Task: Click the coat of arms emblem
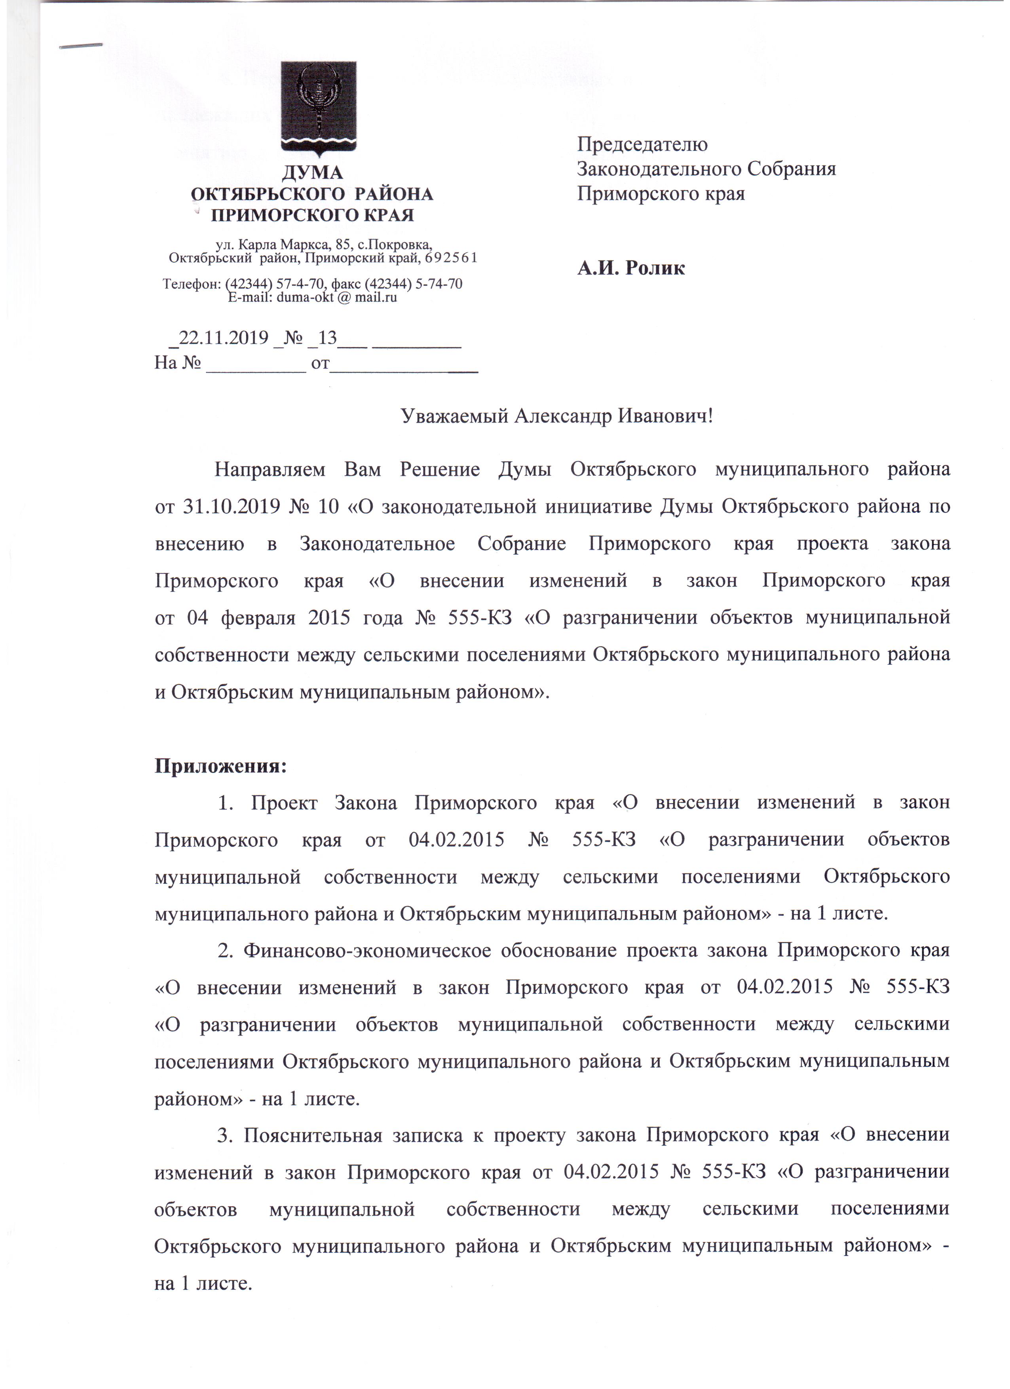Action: (x=319, y=107)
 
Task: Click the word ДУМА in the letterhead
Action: (x=312, y=173)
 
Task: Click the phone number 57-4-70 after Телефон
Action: (x=303, y=284)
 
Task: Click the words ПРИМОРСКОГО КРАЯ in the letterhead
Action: (x=312, y=215)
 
